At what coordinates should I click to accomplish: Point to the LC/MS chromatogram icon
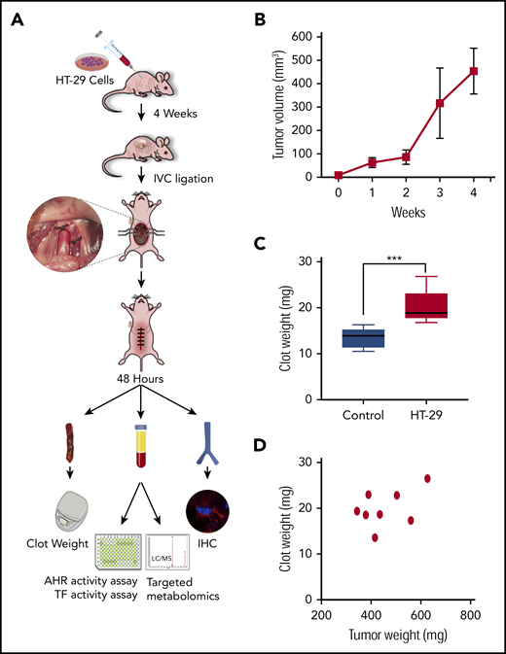coord(178,561)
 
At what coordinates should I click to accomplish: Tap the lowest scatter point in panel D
coord(375,537)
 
